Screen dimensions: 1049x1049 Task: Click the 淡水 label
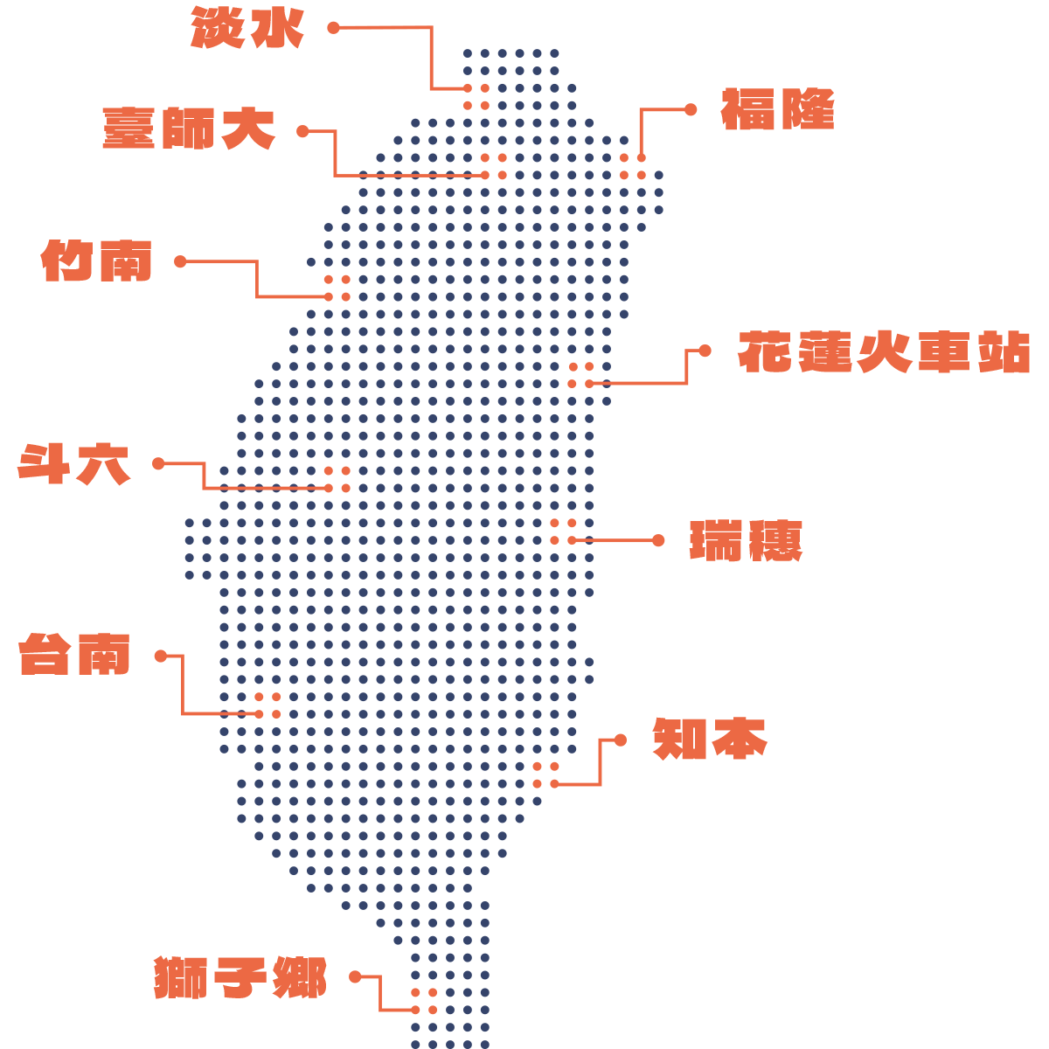pos(247,28)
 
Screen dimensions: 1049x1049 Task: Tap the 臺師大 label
pos(189,129)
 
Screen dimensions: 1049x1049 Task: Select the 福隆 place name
pos(777,110)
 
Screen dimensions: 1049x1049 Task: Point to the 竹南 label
pos(97,261)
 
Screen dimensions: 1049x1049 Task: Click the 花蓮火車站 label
pos(884,352)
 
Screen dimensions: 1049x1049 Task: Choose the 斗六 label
pos(74,464)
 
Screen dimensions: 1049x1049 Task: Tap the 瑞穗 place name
pos(746,541)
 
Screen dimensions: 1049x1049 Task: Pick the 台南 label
pos(75,655)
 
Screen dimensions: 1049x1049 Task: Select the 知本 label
pos(710,740)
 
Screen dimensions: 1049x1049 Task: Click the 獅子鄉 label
pos(240,977)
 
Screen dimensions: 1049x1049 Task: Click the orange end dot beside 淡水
pos(333,28)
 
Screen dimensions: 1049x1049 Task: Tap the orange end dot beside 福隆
pos(691,109)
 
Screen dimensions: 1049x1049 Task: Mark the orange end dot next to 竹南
pos(180,261)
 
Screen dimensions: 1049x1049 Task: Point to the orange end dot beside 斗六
pos(158,463)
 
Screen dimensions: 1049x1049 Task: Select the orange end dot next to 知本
pos(621,740)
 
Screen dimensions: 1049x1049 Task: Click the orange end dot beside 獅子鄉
pos(355,976)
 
